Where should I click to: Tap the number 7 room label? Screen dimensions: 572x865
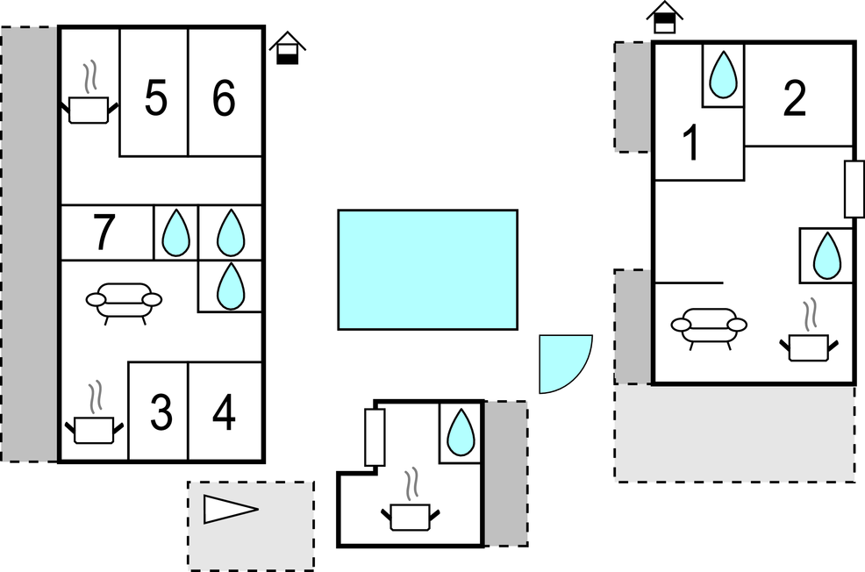104,233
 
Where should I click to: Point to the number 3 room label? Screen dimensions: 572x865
161,413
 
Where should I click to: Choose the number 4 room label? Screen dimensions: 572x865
225,413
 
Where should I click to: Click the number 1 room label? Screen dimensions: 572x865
692,144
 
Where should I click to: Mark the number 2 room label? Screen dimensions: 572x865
794,100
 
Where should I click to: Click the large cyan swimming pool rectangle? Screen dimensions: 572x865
427,269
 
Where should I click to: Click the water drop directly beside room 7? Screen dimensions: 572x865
176,233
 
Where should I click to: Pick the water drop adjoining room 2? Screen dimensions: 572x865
723,75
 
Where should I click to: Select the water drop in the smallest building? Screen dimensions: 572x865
461,433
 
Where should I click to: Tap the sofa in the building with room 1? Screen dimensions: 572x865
710,326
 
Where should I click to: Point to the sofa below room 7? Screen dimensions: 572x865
125,301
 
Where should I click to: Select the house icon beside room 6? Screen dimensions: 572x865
287,48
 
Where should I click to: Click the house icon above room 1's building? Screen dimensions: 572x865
665,17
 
